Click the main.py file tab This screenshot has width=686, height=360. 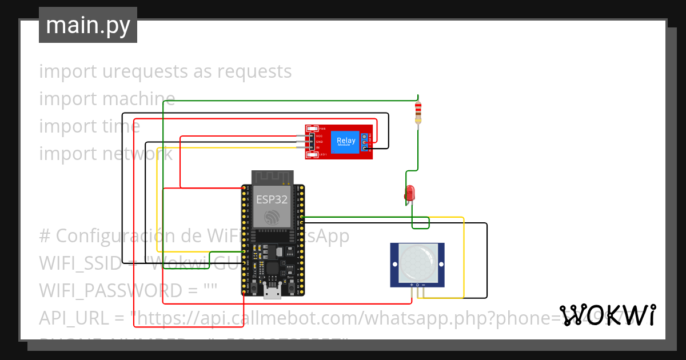click(88, 25)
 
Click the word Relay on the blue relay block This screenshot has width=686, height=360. click(346, 140)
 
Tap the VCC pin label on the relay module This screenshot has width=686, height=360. click(320, 136)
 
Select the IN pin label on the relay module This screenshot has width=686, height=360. click(318, 147)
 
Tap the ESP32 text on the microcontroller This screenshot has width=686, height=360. click(272, 199)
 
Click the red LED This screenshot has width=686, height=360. click(410, 193)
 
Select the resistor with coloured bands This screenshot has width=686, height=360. click(418, 113)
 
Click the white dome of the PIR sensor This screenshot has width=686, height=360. click(417, 262)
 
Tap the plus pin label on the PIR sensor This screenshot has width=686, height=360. click(412, 285)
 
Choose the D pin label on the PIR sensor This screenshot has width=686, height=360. click(417, 285)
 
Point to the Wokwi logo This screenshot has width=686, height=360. click(607, 315)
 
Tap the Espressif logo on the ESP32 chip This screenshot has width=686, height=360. click(272, 217)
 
